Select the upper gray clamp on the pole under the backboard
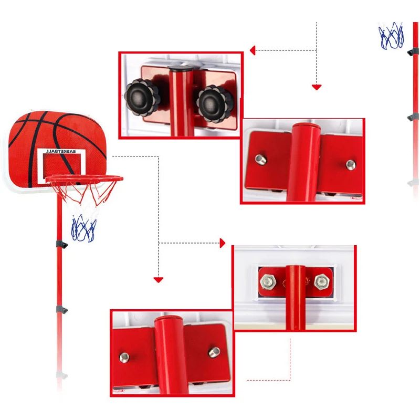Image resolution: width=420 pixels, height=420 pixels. point(61,245)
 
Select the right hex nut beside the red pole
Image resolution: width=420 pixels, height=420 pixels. point(320,281)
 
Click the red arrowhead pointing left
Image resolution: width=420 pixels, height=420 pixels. point(253,50)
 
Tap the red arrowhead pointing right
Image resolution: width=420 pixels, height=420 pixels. point(223,243)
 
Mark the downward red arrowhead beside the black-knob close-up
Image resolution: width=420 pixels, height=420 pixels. point(316,87)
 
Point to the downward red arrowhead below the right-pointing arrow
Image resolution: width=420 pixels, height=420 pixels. point(159,280)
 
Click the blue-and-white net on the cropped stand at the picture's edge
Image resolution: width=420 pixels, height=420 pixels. point(392,34)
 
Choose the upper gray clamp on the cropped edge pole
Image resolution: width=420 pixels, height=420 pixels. point(413,51)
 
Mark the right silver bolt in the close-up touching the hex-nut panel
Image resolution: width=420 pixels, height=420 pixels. point(213,350)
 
